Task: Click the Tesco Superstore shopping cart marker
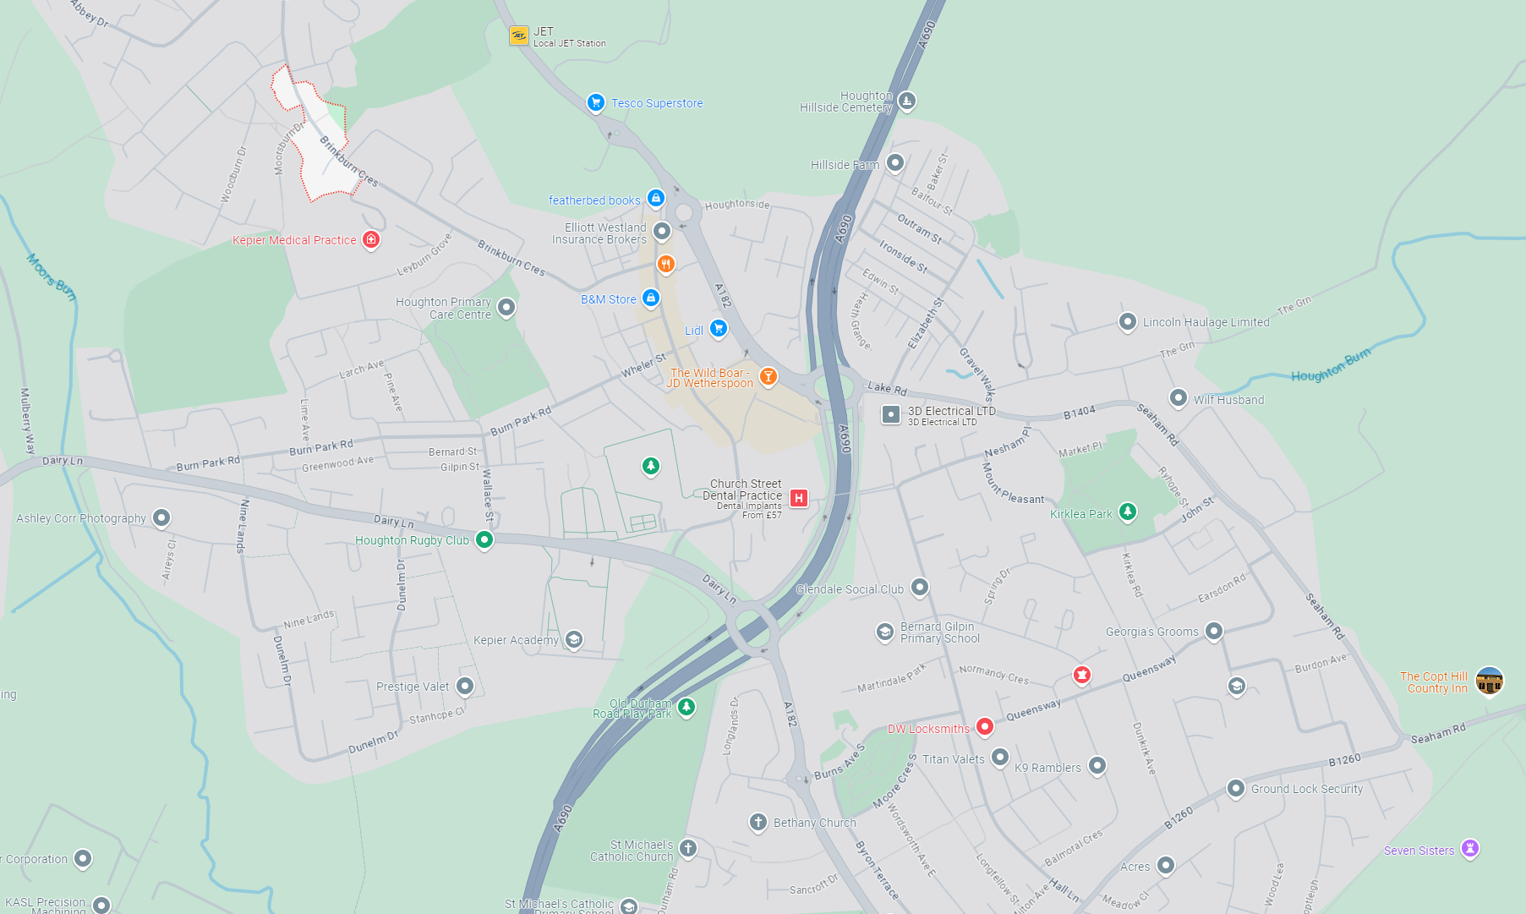click(595, 102)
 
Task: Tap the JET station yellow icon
click(518, 36)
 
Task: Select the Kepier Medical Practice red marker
click(370, 239)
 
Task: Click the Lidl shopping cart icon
click(718, 328)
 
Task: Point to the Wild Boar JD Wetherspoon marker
click(768, 376)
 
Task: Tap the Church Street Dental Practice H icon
click(798, 498)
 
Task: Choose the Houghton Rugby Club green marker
click(484, 539)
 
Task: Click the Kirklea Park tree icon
click(1127, 512)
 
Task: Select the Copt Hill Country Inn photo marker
click(1489, 681)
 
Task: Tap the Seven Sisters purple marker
click(1470, 848)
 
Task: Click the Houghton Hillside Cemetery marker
click(906, 101)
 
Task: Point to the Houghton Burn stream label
click(1330, 365)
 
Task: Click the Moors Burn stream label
click(52, 276)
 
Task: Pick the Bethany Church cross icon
click(758, 822)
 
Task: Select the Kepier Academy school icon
click(573, 639)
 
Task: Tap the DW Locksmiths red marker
click(984, 726)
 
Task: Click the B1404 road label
click(1079, 413)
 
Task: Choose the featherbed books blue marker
click(655, 199)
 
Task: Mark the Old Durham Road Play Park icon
click(686, 707)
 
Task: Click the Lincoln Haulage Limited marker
click(1127, 321)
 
